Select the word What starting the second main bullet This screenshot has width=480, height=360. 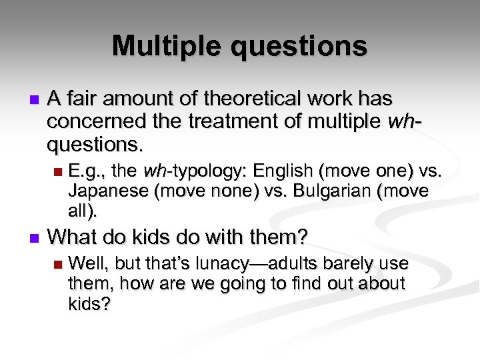tap(73, 236)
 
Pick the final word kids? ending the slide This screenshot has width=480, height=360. tap(89, 304)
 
